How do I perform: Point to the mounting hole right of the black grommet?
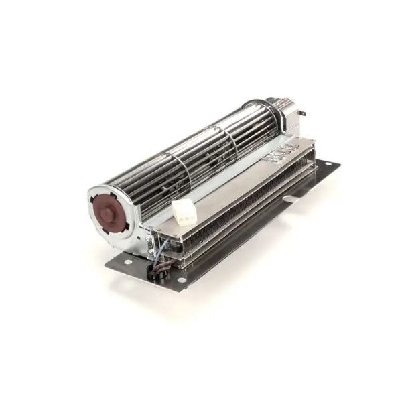click(x=182, y=279)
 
